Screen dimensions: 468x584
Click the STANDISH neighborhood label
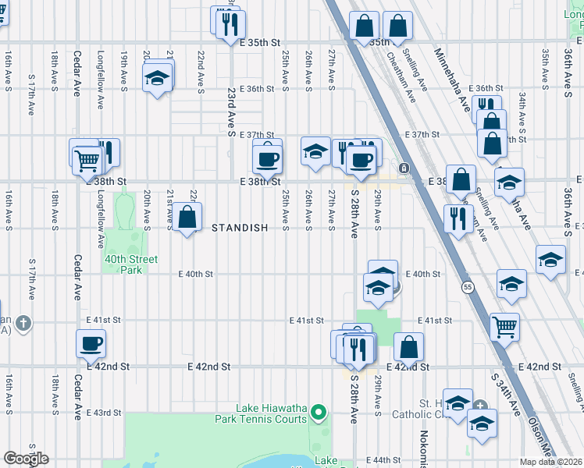tap(240, 228)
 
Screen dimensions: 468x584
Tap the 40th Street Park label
tap(130, 264)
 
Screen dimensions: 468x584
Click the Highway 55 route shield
tap(465, 287)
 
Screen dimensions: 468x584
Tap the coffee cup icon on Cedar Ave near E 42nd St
tap(91, 342)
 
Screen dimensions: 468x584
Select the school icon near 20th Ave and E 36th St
tap(157, 78)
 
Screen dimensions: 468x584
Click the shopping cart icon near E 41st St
tap(504, 325)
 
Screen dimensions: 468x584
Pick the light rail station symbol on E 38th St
tap(404, 168)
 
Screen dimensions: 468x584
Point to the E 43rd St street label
tap(104, 412)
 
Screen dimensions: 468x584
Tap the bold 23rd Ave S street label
tap(232, 112)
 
